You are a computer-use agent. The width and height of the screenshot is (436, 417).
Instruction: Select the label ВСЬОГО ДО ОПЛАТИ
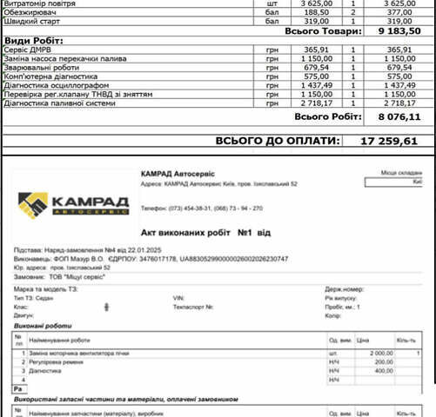coord(276,140)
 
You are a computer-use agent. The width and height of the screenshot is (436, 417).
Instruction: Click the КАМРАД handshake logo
coord(74,205)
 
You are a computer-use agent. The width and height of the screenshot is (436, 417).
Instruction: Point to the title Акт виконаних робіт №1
coord(209,233)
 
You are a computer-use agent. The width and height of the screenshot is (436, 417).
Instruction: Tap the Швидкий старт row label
coord(34,21)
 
